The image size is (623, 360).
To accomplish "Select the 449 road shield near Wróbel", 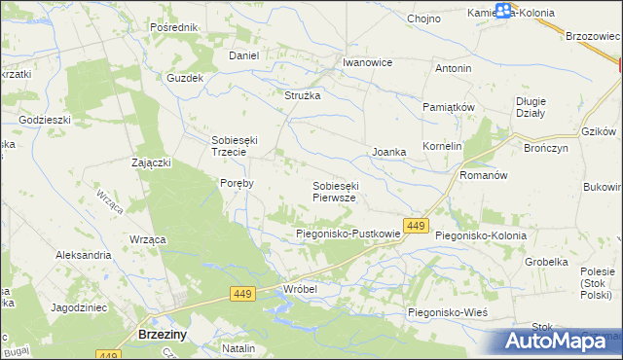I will point(243,293).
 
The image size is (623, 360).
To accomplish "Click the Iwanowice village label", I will point(367,62).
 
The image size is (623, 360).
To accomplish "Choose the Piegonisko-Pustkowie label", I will point(348,234).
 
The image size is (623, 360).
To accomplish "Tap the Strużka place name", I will point(302,95).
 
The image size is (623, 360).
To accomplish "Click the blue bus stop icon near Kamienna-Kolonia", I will point(503,12).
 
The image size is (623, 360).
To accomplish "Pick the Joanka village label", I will point(388,153).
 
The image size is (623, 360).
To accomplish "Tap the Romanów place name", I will point(483,175).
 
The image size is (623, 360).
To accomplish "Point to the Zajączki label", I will point(152,162).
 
